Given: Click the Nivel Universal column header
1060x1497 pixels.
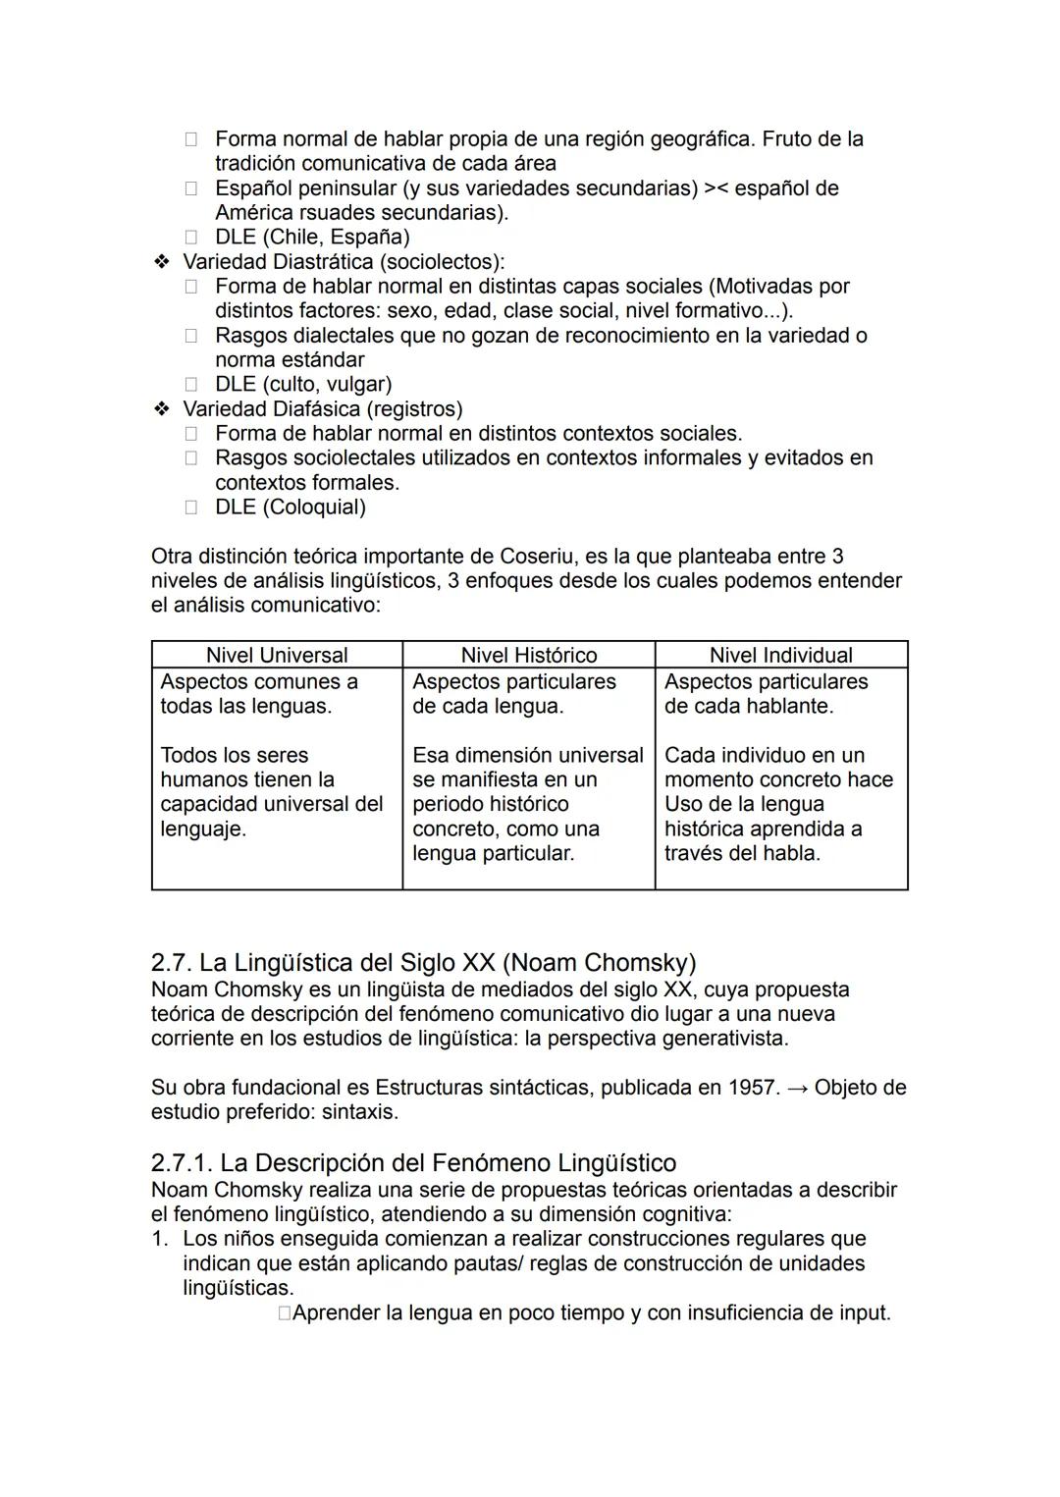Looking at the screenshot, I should pos(277,655).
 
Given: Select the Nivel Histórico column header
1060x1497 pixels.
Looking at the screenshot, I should pos(529,655).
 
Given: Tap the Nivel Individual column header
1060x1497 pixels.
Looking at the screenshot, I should pos(781,655).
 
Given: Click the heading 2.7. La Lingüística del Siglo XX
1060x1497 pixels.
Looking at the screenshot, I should pos(423,962).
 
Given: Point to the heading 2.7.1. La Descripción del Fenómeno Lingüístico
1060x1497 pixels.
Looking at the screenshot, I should pos(413,1163).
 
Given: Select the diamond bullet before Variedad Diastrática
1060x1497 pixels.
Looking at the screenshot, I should pos(161,262).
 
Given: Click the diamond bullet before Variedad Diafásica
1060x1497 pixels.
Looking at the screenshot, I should pos(161,409).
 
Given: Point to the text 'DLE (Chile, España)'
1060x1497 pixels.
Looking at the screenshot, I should pos(312,238).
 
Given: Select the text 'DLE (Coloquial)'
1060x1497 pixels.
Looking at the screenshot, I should pos(290,508).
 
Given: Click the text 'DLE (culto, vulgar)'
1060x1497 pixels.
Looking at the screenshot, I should pos(303,385).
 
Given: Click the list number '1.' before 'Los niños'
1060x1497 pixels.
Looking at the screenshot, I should pos(161,1239).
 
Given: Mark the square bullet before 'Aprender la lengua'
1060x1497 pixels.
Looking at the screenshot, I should pos(284,1313).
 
